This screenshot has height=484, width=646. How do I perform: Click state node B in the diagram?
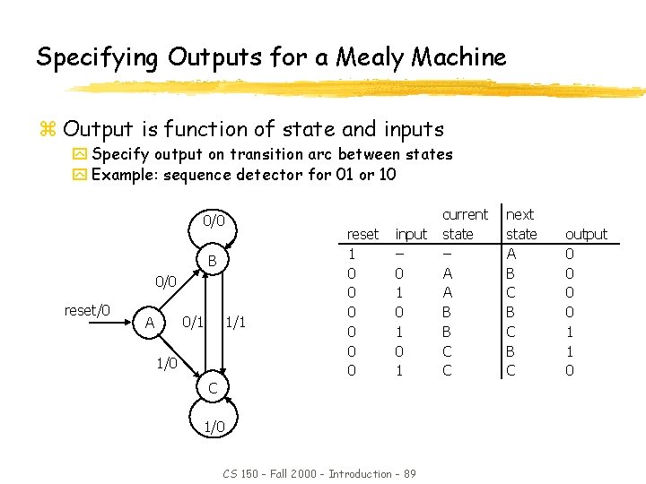click(213, 262)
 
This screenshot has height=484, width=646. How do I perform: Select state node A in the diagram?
click(150, 322)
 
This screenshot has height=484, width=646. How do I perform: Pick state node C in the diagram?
click(213, 388)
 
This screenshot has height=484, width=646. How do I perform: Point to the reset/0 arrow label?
click(87, 310)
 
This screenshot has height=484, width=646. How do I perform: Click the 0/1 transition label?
click(192, 322)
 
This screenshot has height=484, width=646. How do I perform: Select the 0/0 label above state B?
click(213, 220)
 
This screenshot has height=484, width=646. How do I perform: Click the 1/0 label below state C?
click(213, 428)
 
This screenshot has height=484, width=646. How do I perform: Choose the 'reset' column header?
click(362, 234)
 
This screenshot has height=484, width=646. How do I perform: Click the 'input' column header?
click(411, 234)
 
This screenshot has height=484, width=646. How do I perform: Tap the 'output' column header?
click(586, 234)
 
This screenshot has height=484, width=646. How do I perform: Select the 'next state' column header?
click(521, 224)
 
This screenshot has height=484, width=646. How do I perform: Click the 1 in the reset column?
click(352, 254)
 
